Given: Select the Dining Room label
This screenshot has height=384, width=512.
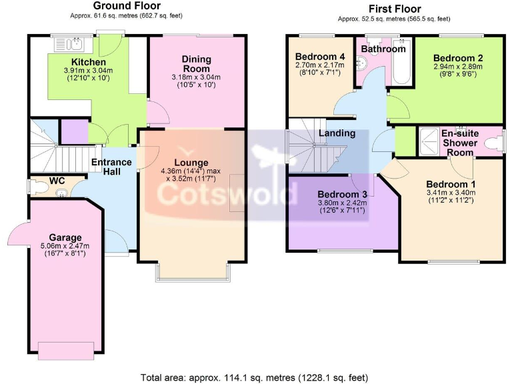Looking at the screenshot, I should (x=196, y=64).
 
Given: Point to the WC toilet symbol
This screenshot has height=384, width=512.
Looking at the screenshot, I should (x=61, y=194).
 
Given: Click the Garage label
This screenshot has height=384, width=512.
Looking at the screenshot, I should (x=65, y=237).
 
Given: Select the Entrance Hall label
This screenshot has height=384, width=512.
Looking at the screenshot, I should (x=111, y=167).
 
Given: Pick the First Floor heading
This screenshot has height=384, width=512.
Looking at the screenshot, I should (x=394, y=9).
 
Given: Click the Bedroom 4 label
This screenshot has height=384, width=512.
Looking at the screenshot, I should (x=320, y=56).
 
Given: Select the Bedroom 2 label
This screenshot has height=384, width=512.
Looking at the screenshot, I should (x=457, y=58).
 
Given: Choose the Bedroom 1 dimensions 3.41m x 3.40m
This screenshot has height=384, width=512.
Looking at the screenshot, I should (x=451, y=193).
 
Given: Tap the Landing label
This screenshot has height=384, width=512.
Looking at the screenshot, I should (x=337, y=133).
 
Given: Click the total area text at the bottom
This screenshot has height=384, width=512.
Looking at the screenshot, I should (x=255, y=377).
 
